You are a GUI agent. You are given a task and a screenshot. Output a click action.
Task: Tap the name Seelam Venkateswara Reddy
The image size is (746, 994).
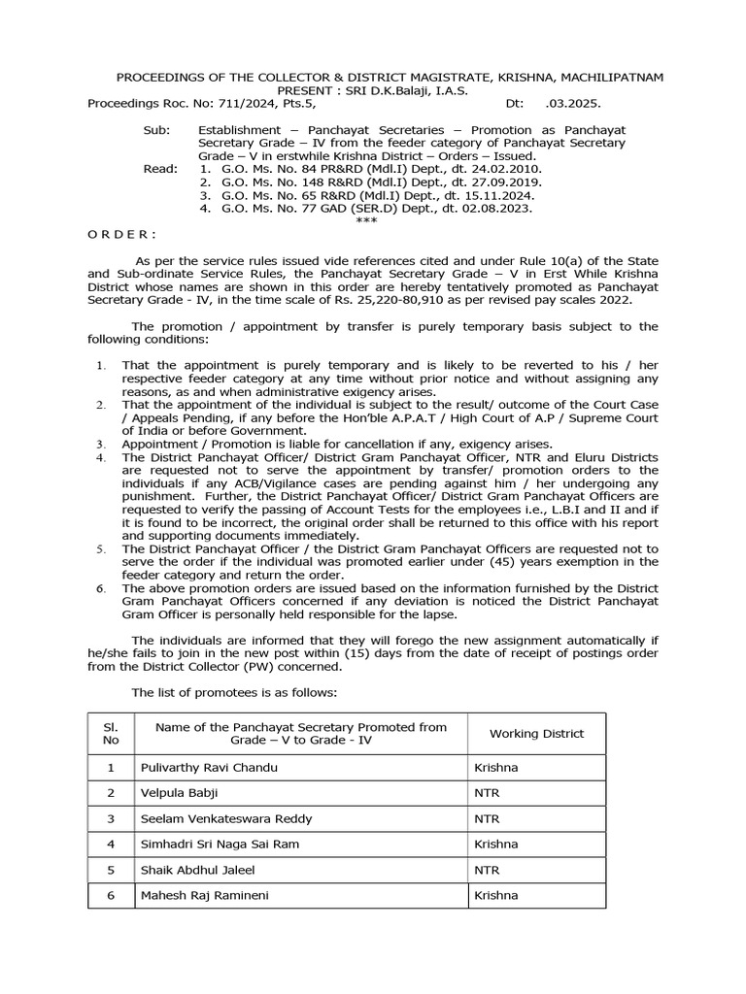pos(226,818)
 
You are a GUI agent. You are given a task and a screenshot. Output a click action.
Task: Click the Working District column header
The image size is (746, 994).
pos(536,734)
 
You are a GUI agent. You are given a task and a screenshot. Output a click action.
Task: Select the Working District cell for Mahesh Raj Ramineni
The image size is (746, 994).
pos(495,895)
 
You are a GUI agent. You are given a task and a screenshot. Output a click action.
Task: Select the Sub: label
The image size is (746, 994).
pos(155,129)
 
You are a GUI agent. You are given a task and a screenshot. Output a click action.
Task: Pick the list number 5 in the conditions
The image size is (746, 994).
pos(102,548)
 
